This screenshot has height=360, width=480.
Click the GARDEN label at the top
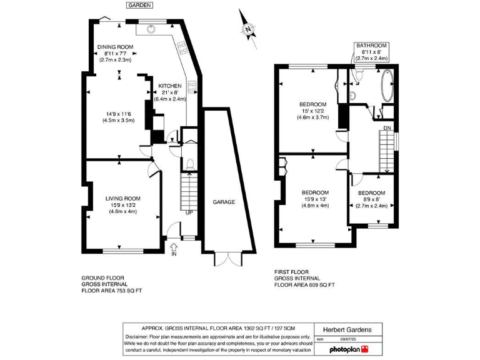tap(139, 5)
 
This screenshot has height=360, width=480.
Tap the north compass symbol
tap(249, 29)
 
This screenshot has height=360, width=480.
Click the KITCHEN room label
tap(170, 86)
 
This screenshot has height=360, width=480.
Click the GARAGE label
tap(223, 202)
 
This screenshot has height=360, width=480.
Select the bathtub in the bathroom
tap(386, 86)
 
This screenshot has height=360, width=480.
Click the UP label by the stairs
tap(189, 213)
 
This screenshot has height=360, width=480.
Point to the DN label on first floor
tap(387, 129)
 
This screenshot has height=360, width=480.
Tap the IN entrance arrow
tap(174, 249)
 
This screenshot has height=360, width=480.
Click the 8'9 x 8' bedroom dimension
tap(371, 199)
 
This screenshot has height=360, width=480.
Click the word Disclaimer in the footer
tap(139, 337)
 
